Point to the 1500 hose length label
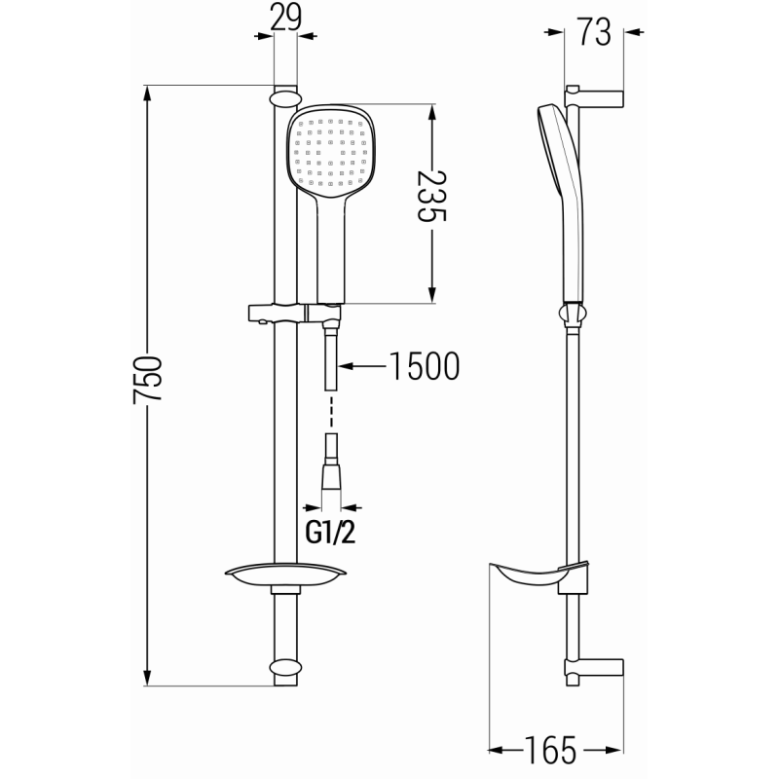(x=424, y=366)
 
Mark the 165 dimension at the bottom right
(x=551, y=751)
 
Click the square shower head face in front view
(x=332, y=151)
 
